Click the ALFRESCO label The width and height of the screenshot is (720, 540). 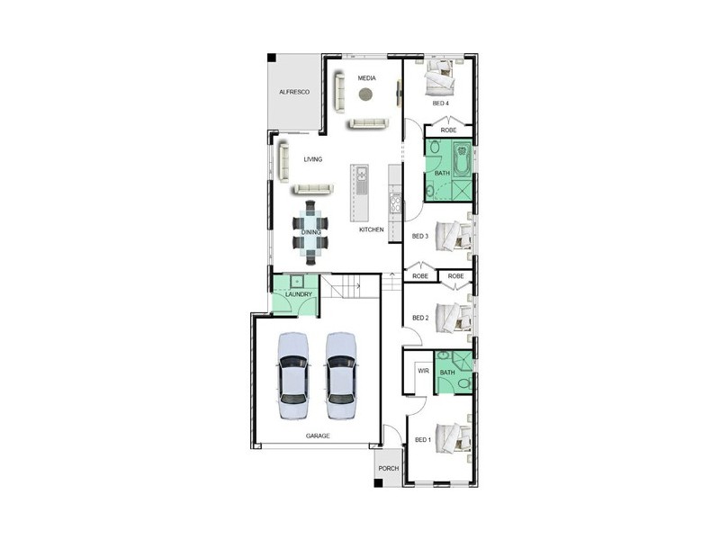coord(294,93)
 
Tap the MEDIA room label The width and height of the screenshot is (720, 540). coord(366,78)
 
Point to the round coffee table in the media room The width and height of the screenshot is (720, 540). coord(365,94)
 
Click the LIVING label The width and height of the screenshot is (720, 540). coord(312,159)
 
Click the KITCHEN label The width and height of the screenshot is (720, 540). coord(372,229)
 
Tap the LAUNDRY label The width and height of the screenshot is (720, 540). coord(298,294)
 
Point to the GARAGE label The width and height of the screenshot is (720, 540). coord(317,435)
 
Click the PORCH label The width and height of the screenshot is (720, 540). coord(388,468)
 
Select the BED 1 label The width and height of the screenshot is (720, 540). coord(422,439)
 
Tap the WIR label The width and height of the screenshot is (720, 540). coord(422,370)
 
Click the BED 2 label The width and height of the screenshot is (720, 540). coord(420,318)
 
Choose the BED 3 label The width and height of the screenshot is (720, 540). coord(419,236)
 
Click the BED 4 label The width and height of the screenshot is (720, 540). coord(440,103)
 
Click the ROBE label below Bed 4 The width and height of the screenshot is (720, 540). coord(448,130)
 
